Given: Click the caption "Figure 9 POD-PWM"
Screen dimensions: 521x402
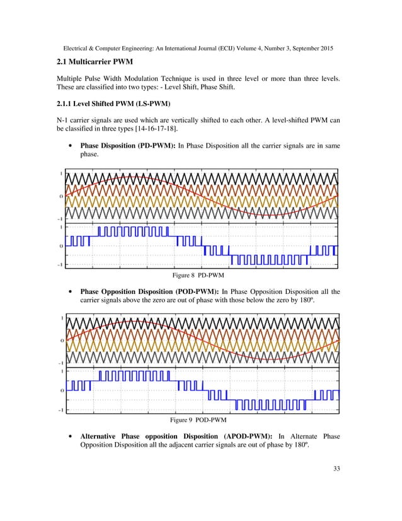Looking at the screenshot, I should [x=200, y=419].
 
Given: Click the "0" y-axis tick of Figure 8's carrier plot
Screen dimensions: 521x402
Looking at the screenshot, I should [x=61, y=197].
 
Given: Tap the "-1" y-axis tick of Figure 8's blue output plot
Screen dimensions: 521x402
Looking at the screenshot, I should [x=60, y=265].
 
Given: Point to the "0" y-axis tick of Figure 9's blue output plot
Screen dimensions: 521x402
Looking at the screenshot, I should [x=61, y=390].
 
